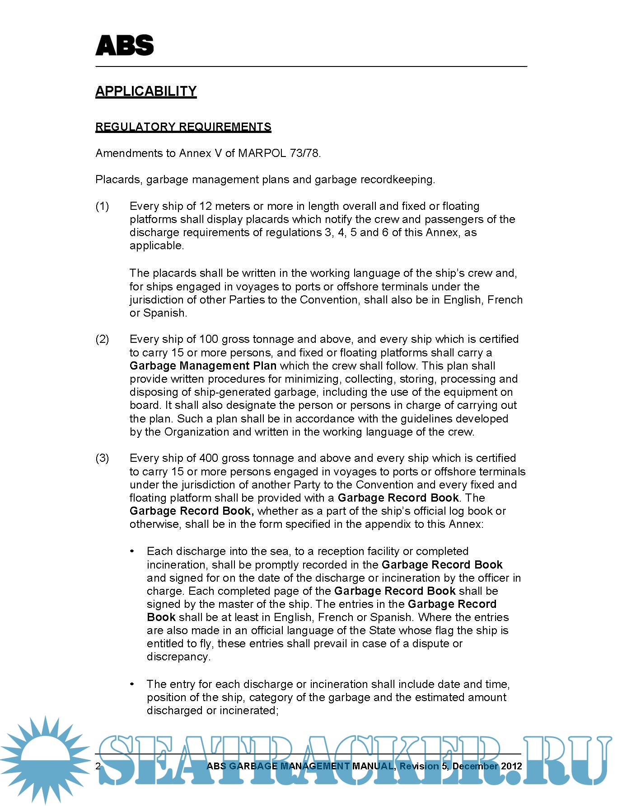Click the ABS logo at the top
125,46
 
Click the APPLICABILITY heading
146,91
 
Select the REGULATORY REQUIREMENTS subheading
183,127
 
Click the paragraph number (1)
102,206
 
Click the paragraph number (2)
102,339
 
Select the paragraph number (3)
102,458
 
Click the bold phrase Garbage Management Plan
203,366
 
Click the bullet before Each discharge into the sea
132,551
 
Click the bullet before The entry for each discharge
132,684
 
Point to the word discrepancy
178,657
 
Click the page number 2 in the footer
98,766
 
